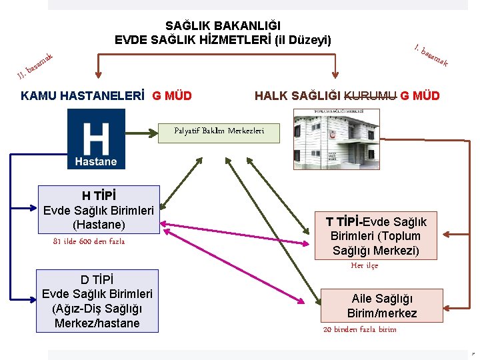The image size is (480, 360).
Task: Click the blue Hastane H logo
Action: [96, 139]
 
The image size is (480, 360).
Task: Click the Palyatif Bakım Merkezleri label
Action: [219, 131]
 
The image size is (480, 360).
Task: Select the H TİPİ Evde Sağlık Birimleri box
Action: [99, 210]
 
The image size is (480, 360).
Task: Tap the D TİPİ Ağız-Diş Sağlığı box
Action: [97, 301]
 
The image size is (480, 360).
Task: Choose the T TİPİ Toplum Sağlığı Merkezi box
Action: [376, 236]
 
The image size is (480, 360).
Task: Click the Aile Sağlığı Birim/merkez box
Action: [382, 306]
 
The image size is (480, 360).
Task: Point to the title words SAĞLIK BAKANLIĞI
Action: [223, 26]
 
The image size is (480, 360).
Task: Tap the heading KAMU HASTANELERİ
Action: [83, 95]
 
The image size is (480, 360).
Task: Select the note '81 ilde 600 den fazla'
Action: [89, 241]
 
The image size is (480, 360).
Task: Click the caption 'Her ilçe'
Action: [364, 265]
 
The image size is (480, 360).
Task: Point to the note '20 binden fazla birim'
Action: [359, 329]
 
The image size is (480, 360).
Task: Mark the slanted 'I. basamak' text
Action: [430, 55]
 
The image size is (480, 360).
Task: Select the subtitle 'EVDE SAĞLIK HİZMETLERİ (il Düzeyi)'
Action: [223, 39]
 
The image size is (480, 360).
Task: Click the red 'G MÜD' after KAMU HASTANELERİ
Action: [172, 95]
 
